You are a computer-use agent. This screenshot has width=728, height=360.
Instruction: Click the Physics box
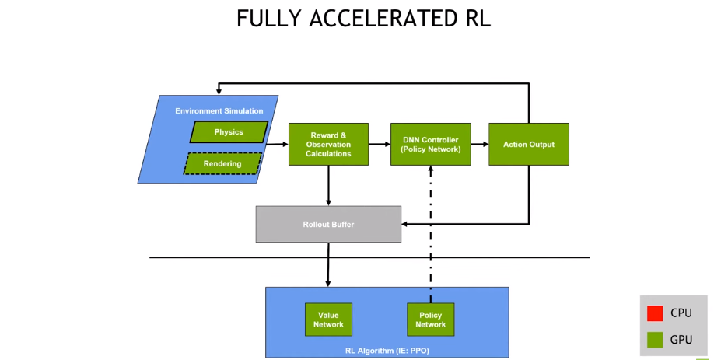(229, 132)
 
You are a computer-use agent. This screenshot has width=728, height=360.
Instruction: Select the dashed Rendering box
(222, 164)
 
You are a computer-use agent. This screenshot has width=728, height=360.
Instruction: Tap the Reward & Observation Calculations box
(328, 144)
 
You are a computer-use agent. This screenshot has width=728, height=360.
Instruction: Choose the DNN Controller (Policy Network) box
(430, 144)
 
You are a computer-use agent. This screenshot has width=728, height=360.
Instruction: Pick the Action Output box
(528, 144)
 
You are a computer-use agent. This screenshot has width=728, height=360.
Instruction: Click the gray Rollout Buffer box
(328, 224)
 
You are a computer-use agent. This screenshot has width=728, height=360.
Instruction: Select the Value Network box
(328, 320)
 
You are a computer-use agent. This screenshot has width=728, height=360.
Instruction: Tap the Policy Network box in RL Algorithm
(430, 320)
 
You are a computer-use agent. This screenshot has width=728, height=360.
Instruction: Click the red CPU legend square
(655, 313)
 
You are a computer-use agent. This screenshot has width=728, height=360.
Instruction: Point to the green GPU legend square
(655, 339)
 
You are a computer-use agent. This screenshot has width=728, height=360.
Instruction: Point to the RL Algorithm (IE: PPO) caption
(387, 351)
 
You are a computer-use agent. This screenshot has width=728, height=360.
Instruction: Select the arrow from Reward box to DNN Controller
(380, 144)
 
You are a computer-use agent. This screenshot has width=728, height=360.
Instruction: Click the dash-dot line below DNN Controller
(430, 233)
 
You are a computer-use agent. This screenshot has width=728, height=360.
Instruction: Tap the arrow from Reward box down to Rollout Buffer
(328, 185)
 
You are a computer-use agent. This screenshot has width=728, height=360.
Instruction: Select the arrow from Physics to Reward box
(277, 144)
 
